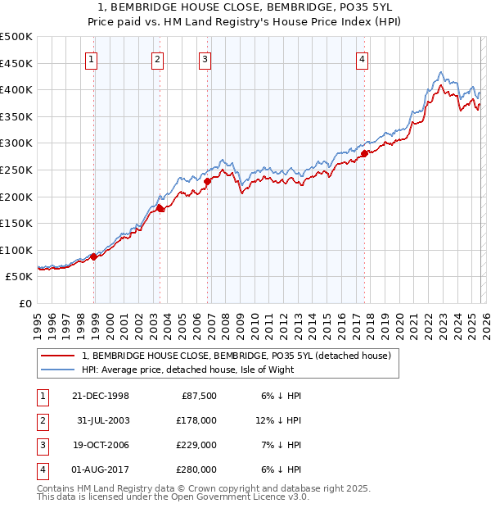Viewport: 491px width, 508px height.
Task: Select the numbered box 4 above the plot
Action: point(361,58)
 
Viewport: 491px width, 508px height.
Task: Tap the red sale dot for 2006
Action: point(208,182)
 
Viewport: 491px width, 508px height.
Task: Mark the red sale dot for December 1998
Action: point(94,256)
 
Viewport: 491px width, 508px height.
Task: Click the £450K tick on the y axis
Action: point(17,63)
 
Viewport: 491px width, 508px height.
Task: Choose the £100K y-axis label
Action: point(17,250)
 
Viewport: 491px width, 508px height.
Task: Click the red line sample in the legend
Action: point(58,356)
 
